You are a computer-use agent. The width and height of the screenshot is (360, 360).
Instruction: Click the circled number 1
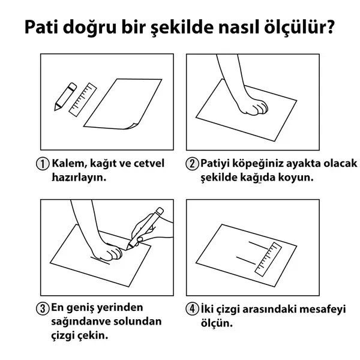pyautogui.click(x=43, y=164)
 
